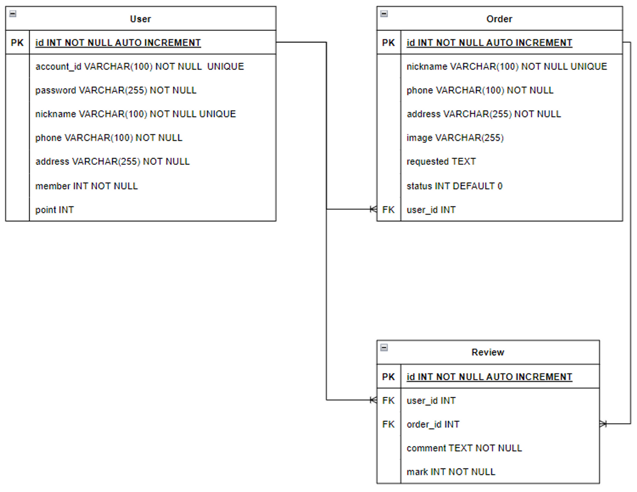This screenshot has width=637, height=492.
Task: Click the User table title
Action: (x=140, y=19)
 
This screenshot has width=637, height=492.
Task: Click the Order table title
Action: (x=499, y=19)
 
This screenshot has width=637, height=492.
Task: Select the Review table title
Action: (x=488, y=353)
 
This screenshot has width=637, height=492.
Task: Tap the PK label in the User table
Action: (x=17, y=43)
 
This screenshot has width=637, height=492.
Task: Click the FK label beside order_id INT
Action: (x=388, y=424)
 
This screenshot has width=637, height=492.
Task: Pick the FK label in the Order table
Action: (x=388, y=210)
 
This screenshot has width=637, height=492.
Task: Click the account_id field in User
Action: (x=139, y=67)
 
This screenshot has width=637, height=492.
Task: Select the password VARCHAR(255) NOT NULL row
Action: (x=115, y=90)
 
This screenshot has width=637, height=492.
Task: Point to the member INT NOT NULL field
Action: (x=86, y=186)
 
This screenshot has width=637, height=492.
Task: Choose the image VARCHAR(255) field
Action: (x=455, y=138)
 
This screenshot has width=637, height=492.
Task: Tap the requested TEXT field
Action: (x=441, y=162)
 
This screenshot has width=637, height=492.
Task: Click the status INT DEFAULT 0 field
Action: (x=454, y=186)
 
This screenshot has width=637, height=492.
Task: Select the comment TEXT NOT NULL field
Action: (x=464, y=448)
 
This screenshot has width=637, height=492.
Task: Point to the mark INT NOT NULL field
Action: (x=450, y=472)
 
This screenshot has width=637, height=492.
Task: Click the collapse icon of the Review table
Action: (x=384, y=348)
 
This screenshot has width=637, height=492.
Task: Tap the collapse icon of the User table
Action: (x=13, y=14)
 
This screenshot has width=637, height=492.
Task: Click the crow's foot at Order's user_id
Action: (x=373, y=210)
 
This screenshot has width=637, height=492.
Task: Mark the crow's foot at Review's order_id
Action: (x=603, y=424)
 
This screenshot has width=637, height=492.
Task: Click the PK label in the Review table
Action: (x=388, y=377)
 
